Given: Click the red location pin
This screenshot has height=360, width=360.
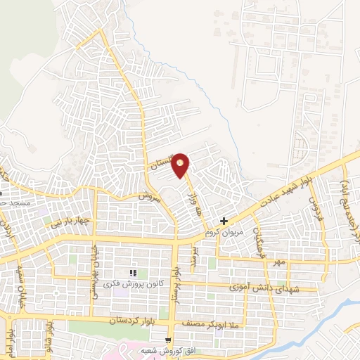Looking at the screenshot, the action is point(181,165).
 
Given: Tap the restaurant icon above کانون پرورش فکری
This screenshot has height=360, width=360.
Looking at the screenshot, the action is point(133,273).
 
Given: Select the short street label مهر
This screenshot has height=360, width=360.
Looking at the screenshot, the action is point(280,262).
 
